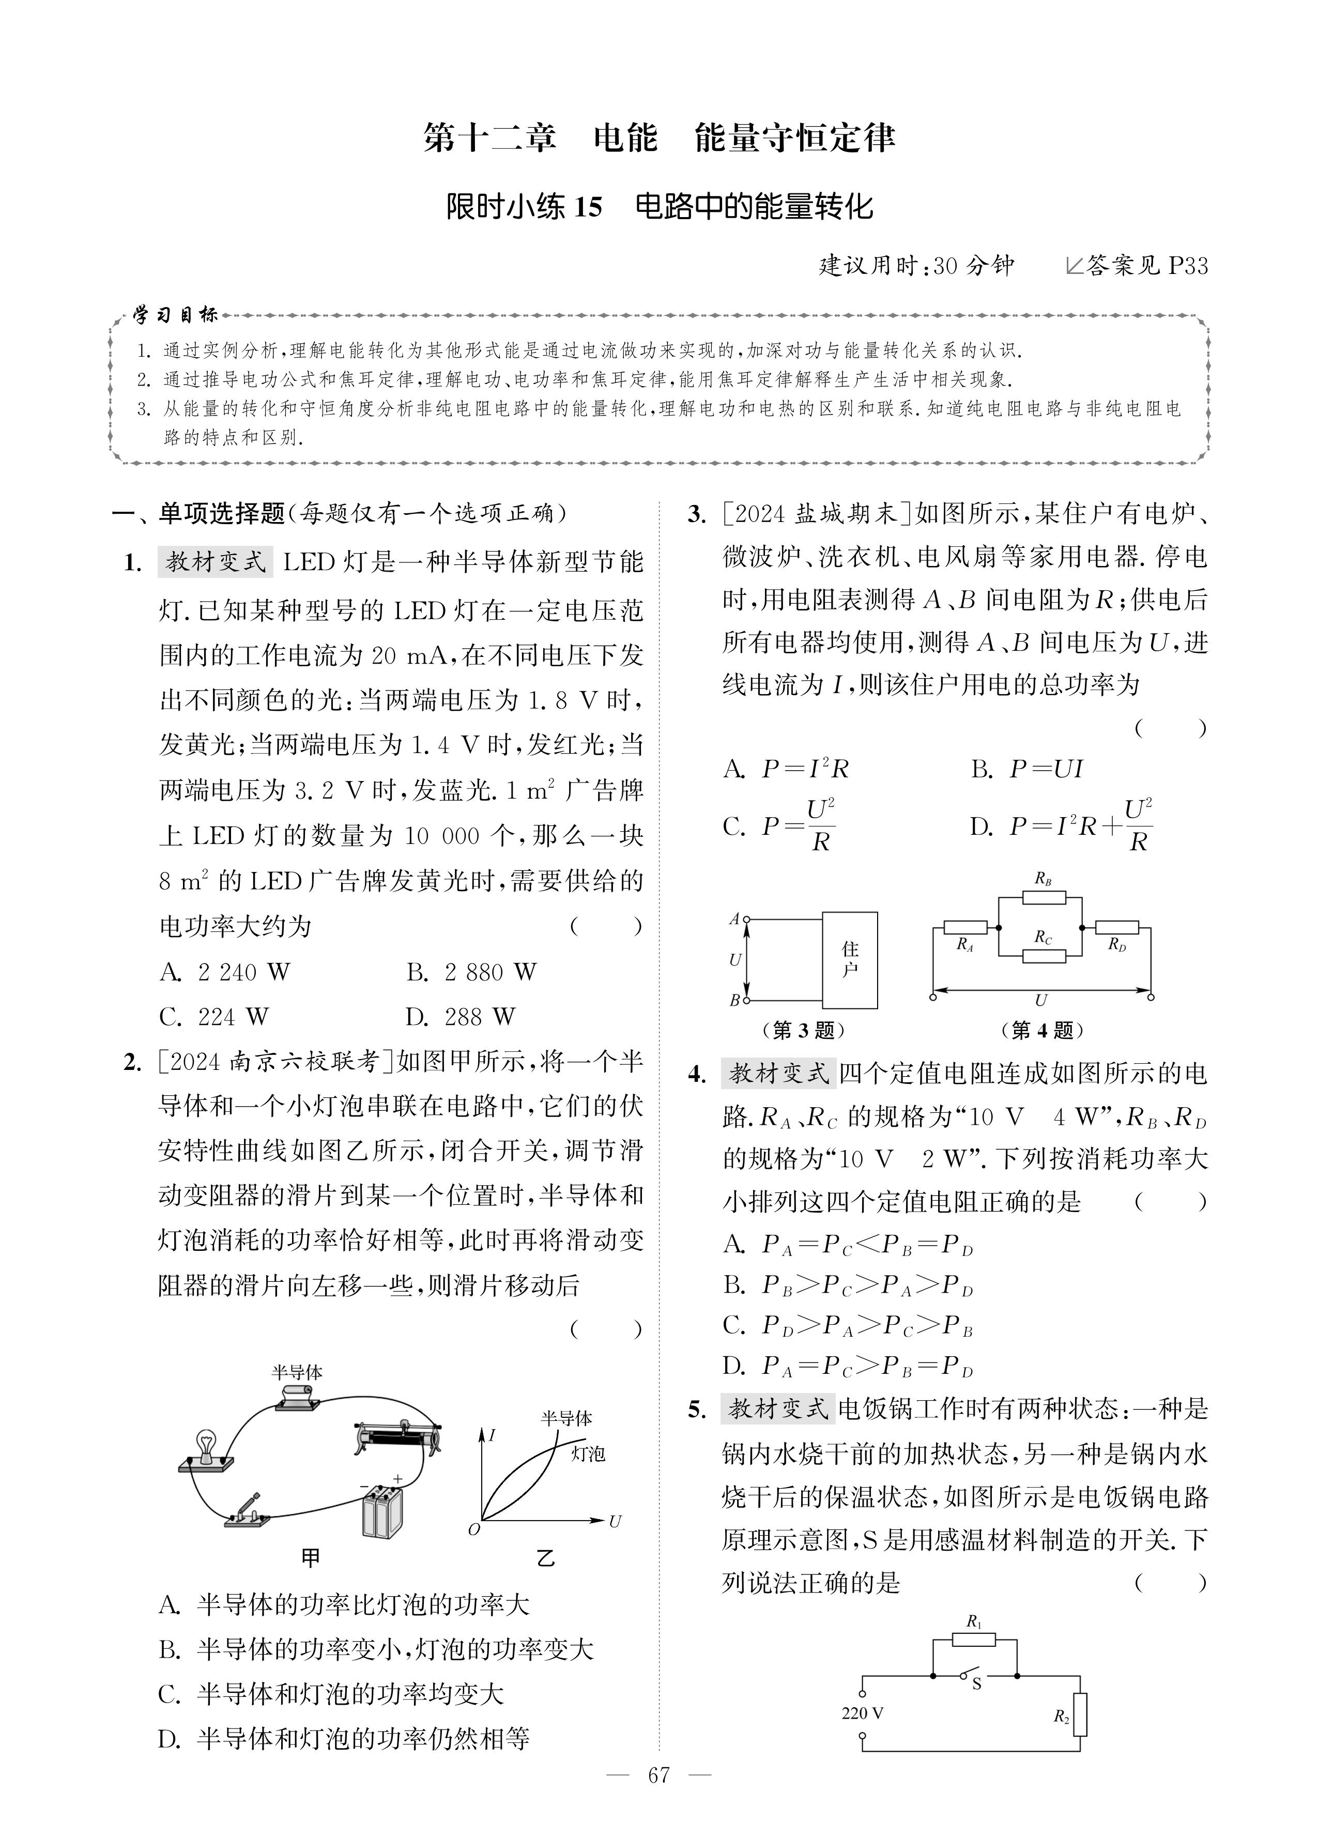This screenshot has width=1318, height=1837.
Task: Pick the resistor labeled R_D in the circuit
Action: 1117,927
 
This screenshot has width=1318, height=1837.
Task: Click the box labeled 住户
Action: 850,960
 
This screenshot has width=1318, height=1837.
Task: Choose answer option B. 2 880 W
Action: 471,972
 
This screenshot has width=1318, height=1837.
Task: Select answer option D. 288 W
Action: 460,1017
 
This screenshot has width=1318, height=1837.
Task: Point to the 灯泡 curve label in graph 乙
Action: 587,1454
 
